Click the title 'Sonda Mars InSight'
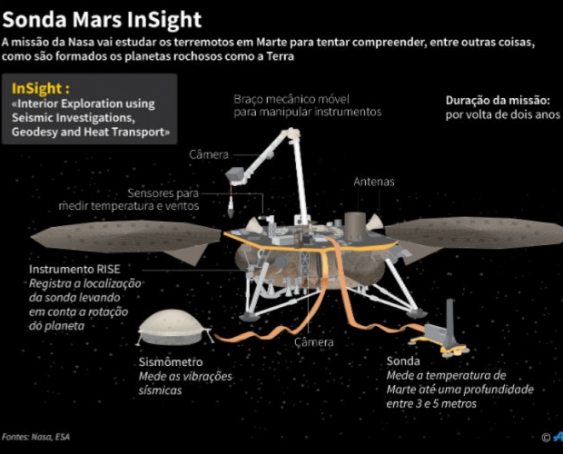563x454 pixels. (x=102, y=18)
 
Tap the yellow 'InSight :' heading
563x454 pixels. (x=41, y=89)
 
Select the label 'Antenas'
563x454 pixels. (x=373, y=182)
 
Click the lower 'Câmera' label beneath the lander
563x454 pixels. (x=314, y=342)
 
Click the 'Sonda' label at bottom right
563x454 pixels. (x=402, y=360)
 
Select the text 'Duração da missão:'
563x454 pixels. (x=498, y=101)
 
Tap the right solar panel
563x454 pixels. (x=472, y=233)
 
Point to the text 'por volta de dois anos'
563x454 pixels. (x=502, y=116)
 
